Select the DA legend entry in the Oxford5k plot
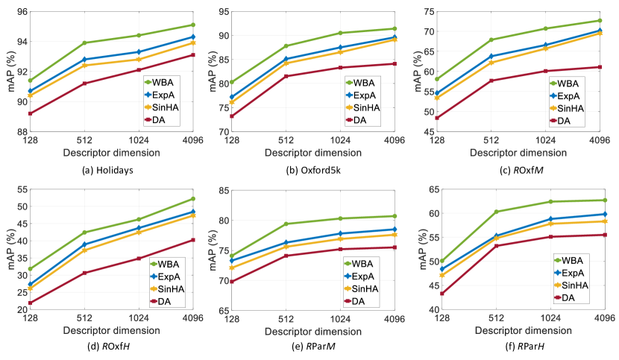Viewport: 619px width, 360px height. click(362, 120)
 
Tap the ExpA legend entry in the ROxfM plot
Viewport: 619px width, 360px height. click(568, 95)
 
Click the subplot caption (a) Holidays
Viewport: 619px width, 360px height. click(109, 170)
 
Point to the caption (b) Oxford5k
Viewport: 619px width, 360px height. click(312, 170)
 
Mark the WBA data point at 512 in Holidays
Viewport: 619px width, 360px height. click(84, 42)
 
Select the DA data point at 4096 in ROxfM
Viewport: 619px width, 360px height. click(600, 67)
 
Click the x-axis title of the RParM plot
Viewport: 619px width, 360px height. click(313, 331)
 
